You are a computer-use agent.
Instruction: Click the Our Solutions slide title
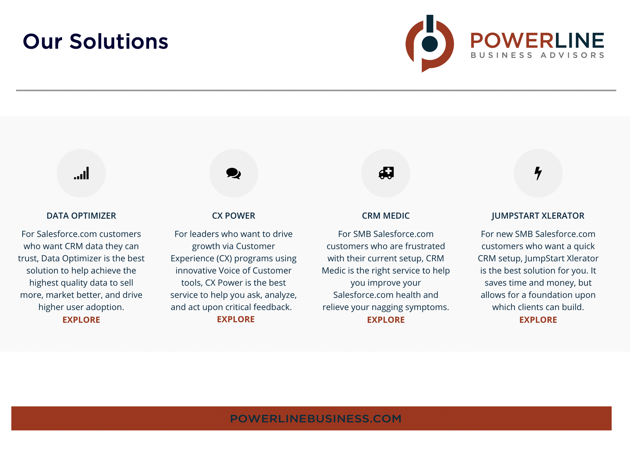[95, 41]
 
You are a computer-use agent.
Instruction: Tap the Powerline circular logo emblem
[429, 43]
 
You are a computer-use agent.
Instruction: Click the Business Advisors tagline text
[537, 55]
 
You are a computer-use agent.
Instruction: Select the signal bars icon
[81, 173]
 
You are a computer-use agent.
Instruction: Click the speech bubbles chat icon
[233, 173]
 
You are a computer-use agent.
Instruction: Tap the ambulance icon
[386, 173]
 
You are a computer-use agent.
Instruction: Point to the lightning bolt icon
[538, 173]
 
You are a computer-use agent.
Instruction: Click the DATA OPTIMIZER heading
[81, 216]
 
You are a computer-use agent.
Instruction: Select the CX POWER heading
[233, 216]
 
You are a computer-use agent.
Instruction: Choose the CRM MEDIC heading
[386, 216]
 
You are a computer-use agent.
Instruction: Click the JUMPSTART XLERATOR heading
[538, 216]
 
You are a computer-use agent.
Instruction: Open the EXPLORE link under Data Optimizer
[81, 320]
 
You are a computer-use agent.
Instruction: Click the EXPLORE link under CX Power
[236, 319]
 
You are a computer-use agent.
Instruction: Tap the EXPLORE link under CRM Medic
[386, 320]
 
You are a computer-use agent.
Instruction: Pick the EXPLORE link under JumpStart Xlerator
[538, 320]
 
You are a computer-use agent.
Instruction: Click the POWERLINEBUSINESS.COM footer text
[315, 418]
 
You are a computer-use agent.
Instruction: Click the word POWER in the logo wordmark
[512, 41]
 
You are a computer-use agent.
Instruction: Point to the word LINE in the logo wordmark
[579, 41]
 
